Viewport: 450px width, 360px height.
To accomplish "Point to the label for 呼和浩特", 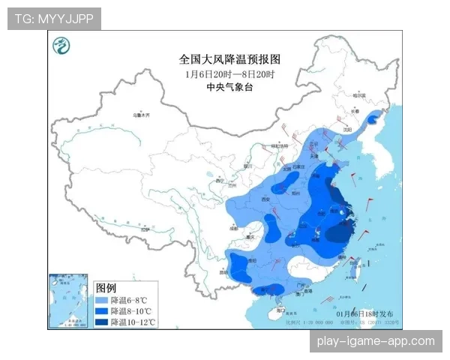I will pyautogui.click(x=281, y=148).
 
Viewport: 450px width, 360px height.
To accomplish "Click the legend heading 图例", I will pyautogui.click(x=106, y=288).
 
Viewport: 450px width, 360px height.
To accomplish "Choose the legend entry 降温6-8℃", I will pyautogui.click(x=124, y=299).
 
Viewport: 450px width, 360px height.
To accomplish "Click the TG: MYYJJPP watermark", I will pyautogui.click(x=54, y=18).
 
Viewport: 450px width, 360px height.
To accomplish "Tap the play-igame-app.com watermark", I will pyautogui.click(x=375, y=341).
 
